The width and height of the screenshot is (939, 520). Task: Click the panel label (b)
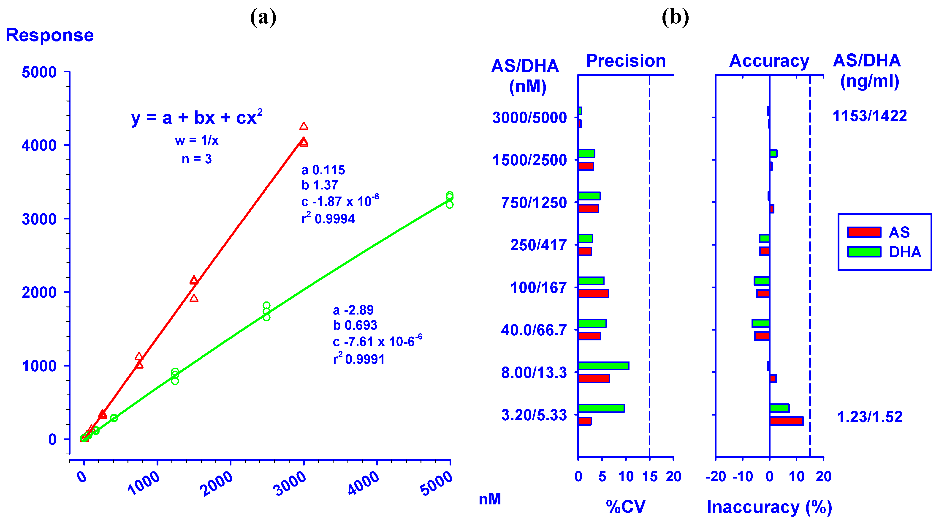[675, 17]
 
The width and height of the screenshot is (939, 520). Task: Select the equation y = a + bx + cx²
[197, 118]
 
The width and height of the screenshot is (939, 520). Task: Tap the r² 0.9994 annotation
[328, 219]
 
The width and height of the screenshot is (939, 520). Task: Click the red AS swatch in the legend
[864, 232]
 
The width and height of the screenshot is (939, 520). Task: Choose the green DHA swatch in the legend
[864, 252]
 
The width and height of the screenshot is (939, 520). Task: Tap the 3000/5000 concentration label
[530, 118]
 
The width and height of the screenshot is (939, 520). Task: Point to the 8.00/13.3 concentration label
[534, 372]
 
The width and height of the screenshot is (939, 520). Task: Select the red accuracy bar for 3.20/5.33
[786, 421]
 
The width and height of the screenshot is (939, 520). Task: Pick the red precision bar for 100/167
[593, 293]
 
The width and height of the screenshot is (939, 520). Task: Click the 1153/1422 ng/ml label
[870, 116]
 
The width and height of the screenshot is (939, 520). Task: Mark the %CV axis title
[626, 506]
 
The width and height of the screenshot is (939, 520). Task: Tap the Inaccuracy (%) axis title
[769, 507]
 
